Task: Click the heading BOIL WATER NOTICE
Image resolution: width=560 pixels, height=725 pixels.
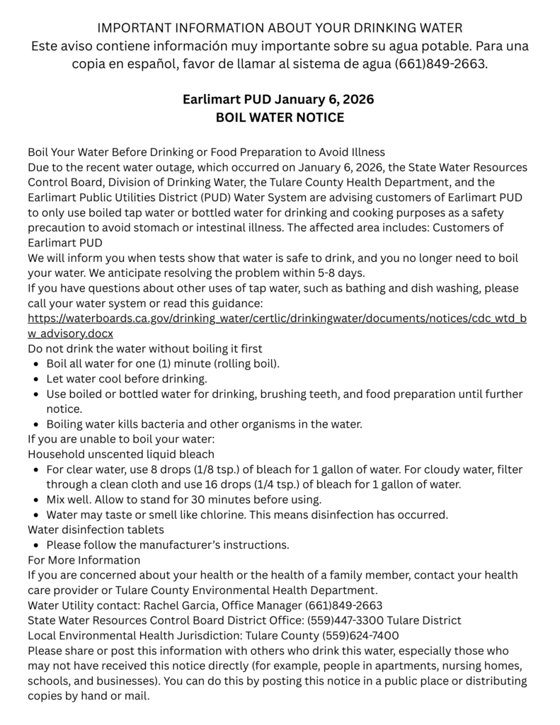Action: (280, 118)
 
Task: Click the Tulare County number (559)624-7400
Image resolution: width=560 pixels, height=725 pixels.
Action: (360, 635)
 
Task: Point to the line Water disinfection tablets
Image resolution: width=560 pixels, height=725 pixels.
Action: (96, 529)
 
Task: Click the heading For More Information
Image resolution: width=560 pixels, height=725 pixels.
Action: (84, 559)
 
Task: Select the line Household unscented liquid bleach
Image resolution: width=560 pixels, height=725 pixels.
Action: (121, 454)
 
